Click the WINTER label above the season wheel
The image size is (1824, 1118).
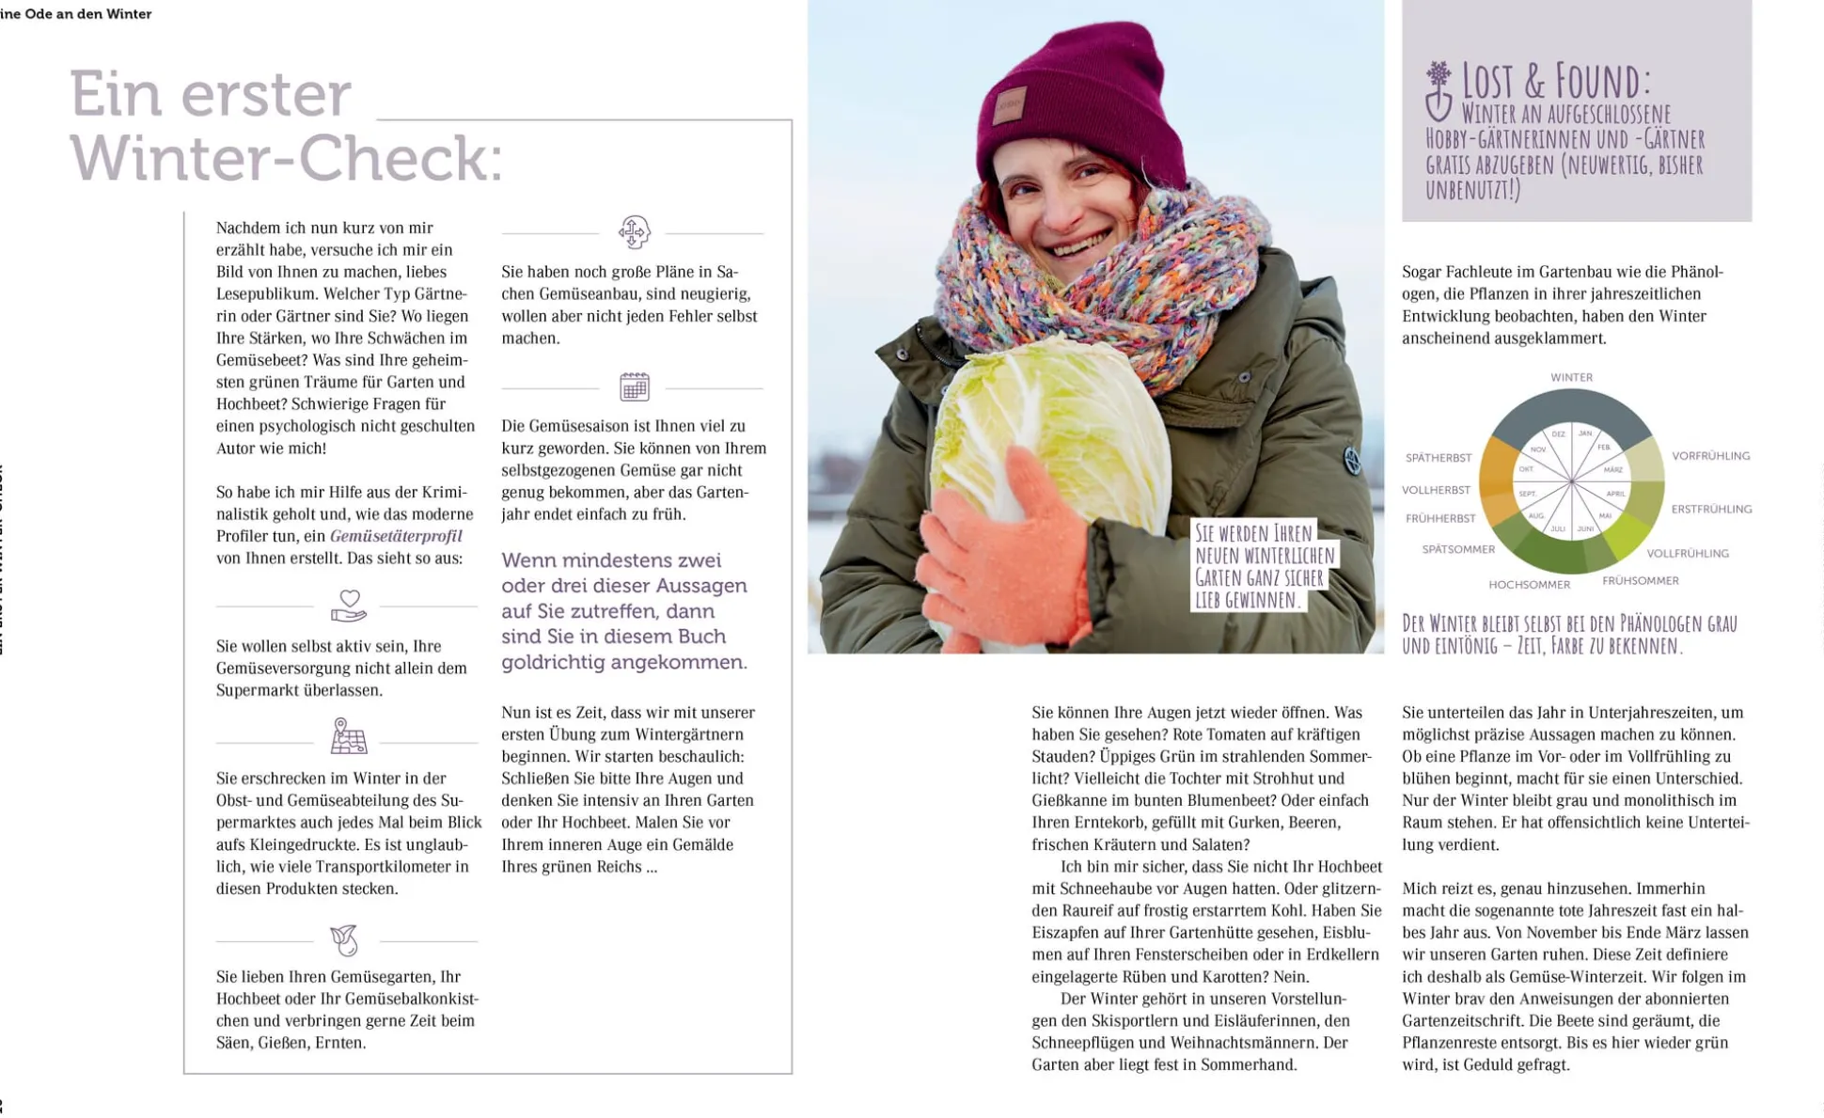(1571, 377)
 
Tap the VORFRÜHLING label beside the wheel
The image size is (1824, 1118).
(1710, 456)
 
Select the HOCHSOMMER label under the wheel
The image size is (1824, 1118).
(1529, 585)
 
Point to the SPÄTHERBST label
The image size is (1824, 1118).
(1438, 458)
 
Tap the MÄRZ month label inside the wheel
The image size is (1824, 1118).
(1613, 469)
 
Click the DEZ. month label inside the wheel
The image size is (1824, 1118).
(1558, 434)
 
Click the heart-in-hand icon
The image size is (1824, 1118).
(348, 606)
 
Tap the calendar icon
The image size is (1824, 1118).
(635, 386)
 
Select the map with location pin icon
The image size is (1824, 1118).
(348, 736)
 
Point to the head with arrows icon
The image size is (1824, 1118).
(634, 231)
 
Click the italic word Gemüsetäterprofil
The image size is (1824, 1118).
(396, 536)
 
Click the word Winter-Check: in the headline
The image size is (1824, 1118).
(286, 158)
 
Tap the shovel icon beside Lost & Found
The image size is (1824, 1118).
(1438, 91)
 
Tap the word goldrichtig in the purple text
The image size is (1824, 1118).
(558, 662)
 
